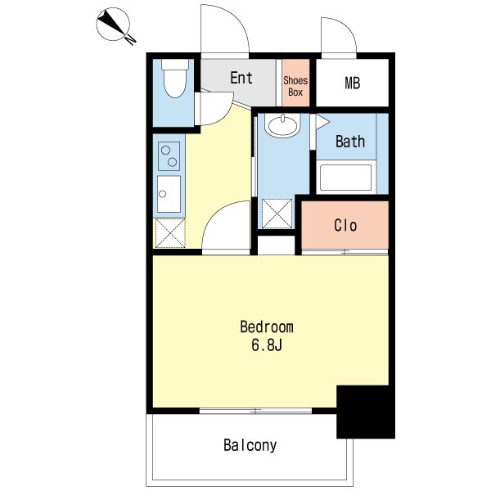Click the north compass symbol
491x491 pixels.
113,25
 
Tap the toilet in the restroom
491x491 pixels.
175,78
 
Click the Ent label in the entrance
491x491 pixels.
241,78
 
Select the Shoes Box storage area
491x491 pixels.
295,83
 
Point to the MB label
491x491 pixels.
352,83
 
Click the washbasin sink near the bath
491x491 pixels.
283,125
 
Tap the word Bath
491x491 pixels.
350,142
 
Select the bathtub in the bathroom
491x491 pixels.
345,178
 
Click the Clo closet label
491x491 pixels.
345,226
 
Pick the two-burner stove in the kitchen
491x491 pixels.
169,156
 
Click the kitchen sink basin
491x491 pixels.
169,194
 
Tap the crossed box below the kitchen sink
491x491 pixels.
170,233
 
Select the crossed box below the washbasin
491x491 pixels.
277,214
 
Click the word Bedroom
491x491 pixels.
267,327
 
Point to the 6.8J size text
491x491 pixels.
267,345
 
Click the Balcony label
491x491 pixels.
250,445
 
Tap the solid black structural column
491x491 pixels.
366,412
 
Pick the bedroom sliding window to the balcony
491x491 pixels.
255,411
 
